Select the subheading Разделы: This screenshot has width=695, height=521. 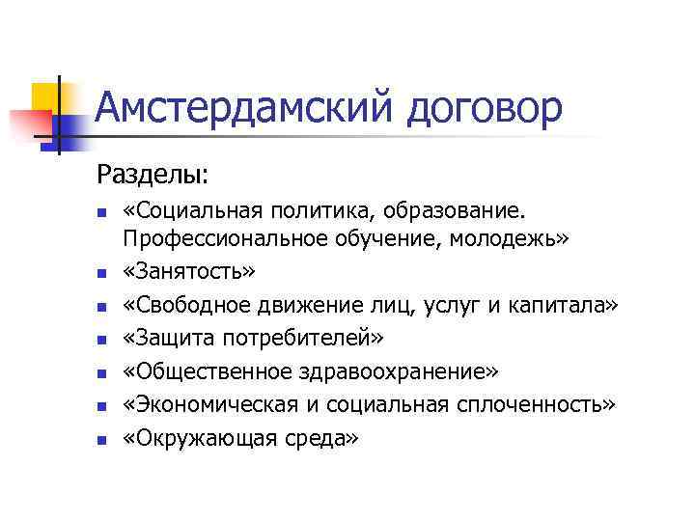[x=164, y=176]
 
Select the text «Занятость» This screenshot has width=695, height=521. [x=189, y=272]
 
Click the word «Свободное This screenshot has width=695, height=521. [x=187, y=305]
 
